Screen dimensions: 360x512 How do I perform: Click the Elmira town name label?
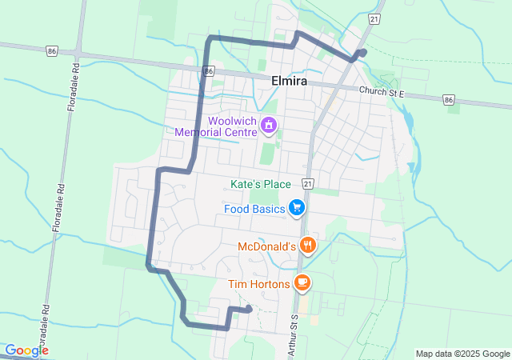pos(286,80)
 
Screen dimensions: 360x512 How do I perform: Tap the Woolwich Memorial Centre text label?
pos(219,126)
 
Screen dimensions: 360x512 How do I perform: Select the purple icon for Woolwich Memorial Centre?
pos(270,125)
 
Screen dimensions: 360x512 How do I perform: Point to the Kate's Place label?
pos(260,184)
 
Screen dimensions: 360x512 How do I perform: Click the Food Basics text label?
pos(255,210)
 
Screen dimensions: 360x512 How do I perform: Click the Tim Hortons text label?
pos(258,283)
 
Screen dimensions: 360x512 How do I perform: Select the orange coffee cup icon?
pos(302,282)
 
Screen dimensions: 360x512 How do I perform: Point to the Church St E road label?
pos(382,93)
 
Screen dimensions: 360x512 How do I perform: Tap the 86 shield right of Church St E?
pos(449,100)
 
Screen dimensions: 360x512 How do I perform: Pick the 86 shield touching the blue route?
pos(208,71)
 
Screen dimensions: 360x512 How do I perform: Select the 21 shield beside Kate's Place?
pos(307,183)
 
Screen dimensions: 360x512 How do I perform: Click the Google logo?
pos(26,350)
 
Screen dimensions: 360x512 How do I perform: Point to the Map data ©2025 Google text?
pos(462,354)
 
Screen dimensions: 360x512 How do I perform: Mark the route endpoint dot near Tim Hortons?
pos(249,309)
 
